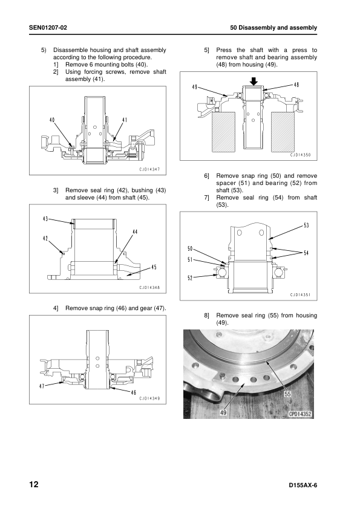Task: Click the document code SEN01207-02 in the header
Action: click(x=48, y=28)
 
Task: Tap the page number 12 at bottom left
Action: click(x=34, y=485)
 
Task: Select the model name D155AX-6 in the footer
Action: click(x=303, y=485)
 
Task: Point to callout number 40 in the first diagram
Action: click(x=52, y=120)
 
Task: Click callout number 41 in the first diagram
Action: click(x=125, y=120)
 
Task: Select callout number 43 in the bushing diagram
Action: click(x=46, y=219)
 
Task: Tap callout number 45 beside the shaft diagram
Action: click(x=154, y=267)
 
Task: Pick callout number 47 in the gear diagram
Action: click(x=42, y=386)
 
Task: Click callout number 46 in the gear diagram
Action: click(x=133, y=392)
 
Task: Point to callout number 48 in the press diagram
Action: click(x=296, y=85)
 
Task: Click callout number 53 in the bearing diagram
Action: click(x=306, y=225)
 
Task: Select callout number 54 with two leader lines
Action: click(x=306, y=253)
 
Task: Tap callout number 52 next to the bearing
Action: click(x=190, y=278)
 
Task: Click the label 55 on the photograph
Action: click(x=287, y=394)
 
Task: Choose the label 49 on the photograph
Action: click(x=223, y=413)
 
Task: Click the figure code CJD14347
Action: click(x=149, y=169)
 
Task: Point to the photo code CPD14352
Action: click(x=300, y=414)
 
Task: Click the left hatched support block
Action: click(x=223, y=132)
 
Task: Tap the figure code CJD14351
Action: click(x=301, y=295)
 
